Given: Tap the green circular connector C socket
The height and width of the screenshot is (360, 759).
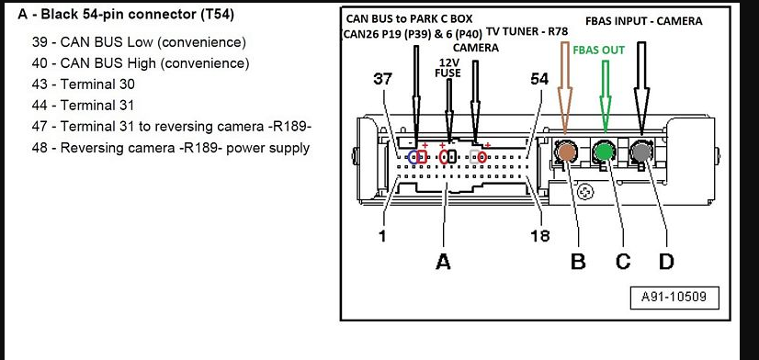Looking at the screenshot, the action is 604,152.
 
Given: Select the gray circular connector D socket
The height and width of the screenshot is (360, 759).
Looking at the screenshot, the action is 640,152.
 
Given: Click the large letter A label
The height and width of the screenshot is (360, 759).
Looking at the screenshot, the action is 444,262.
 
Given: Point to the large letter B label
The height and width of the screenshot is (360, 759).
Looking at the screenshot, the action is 578,262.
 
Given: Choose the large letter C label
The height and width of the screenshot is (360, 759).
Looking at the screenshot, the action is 623,262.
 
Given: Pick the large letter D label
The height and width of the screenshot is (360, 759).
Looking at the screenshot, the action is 666,262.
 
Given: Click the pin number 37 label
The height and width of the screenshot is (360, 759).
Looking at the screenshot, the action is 382,79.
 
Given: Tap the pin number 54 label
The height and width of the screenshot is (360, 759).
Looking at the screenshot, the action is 539,79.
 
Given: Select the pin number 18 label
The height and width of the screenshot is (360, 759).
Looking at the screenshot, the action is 540,236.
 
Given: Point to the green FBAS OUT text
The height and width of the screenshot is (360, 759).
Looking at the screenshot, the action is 599,51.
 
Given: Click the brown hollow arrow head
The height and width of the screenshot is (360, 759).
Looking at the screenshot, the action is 565,111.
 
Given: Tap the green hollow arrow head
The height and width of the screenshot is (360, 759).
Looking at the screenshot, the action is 605,113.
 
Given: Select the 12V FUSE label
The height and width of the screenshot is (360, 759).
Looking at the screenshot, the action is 449,68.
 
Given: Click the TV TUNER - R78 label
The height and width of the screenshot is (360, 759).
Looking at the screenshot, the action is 527,32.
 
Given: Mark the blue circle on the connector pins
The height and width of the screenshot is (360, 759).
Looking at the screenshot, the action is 413,157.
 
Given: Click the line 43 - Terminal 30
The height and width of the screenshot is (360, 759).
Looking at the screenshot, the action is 84,84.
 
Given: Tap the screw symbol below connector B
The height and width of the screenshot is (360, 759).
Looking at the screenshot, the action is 585,192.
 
